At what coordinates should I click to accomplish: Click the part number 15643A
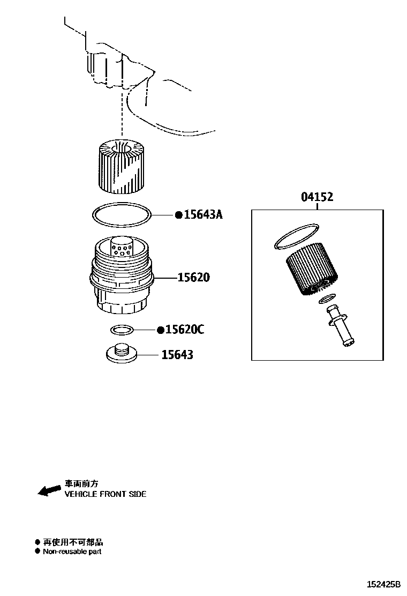pos(203,215)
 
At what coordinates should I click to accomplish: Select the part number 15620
pos(194,278)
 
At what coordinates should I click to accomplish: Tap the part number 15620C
pos(184,330)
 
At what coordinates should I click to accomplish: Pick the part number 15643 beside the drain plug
pos(177,355)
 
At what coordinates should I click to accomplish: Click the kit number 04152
pos(317,197)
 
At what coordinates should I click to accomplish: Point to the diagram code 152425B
pos(383,584)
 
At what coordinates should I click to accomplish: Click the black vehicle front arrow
pos(49,489)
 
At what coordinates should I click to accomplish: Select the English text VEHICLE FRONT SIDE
pos(105,494)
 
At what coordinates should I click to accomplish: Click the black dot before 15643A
pos(179,215)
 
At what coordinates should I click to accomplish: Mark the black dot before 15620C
pos(160,330)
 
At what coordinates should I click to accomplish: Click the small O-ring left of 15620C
pos(122,329)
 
